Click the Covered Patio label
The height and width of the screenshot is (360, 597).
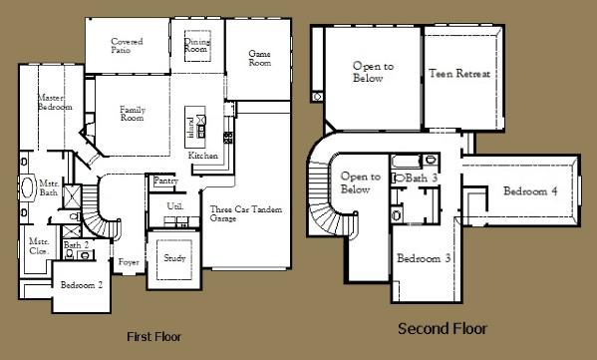tap(127, 46)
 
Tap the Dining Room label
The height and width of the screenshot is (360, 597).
tap(196, 44)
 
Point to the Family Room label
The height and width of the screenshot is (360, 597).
tap(133, 114)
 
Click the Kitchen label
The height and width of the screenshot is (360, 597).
tap(203, 156)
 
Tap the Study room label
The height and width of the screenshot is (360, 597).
tap(174, 258)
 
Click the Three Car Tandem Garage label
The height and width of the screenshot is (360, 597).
tap(236, 215)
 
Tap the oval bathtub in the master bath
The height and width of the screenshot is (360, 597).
tap(27, 188)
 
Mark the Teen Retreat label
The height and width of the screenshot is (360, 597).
tap(458, 75)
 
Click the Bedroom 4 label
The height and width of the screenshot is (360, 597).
tap(529, 191)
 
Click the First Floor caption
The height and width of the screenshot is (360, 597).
tap(154, 335)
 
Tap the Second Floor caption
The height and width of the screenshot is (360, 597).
tap(443, 328)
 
